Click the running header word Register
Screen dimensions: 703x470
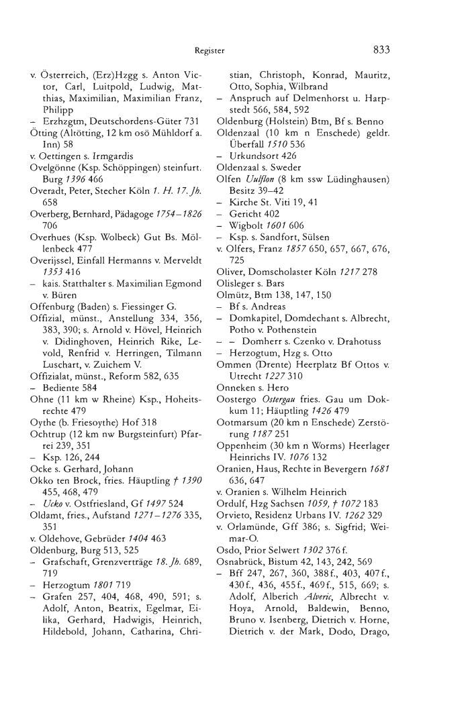click(x=209, y=50)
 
